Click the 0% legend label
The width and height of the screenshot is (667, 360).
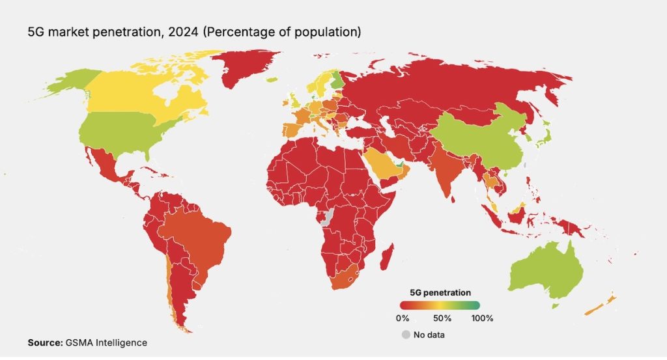point(403,318)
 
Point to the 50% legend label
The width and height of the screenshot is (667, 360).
point(442,318)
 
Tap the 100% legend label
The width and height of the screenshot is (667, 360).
point(482,318)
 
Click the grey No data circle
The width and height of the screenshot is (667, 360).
point(406,335)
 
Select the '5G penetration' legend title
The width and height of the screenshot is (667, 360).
point(440,292)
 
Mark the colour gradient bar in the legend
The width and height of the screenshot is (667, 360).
point(440,305)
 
